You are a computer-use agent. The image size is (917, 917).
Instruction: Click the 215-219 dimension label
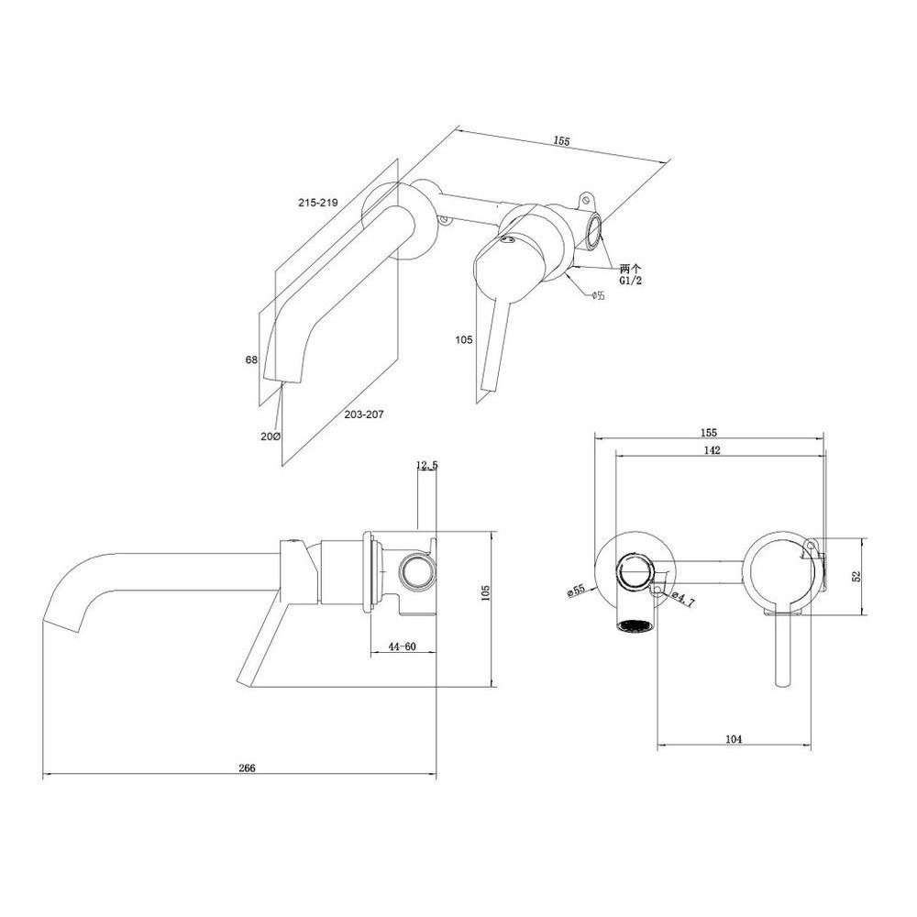318,203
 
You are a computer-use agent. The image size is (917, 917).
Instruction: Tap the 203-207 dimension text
364,414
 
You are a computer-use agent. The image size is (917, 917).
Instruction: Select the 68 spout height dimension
251,360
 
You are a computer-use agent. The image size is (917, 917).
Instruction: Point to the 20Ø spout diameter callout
271,436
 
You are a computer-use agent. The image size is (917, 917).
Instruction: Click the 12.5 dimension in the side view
427,465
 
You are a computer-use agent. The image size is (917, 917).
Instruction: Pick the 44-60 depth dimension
402,646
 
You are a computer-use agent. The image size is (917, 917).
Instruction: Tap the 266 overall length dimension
248,768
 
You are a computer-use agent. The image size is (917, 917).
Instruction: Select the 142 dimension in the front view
713,449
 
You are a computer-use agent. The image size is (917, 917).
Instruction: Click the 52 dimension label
856,576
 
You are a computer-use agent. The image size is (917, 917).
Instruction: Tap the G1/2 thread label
631,281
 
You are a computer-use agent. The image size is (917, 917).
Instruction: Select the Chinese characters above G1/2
631,269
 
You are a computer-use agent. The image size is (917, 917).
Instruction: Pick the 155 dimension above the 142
708,433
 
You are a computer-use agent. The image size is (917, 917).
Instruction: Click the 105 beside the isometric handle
464,340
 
